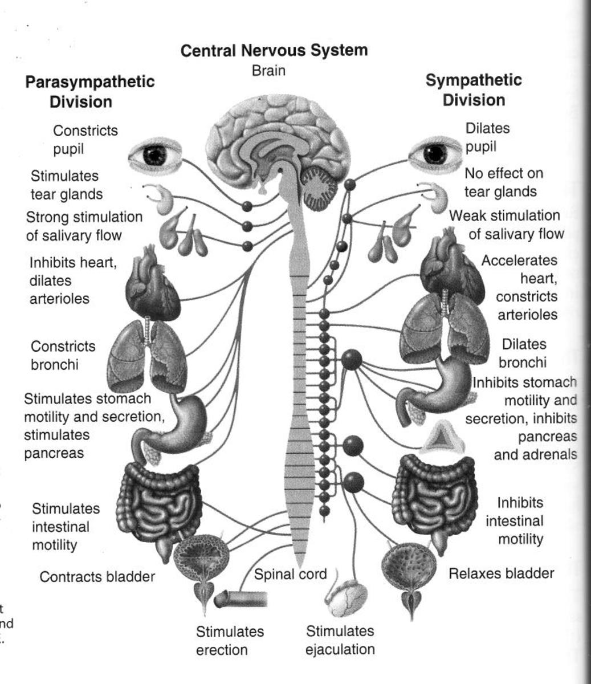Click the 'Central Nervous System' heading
point(274,51)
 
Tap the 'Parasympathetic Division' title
point(89,91)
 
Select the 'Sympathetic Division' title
point(474,90)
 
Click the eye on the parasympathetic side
point(154,154)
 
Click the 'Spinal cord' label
point(290,574)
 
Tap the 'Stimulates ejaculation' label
point(340,640)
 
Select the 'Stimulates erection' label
point(230,641)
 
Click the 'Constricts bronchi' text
point(63,355)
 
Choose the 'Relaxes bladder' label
point(501,573)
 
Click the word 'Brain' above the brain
point(268,71)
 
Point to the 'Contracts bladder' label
point(97,577)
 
